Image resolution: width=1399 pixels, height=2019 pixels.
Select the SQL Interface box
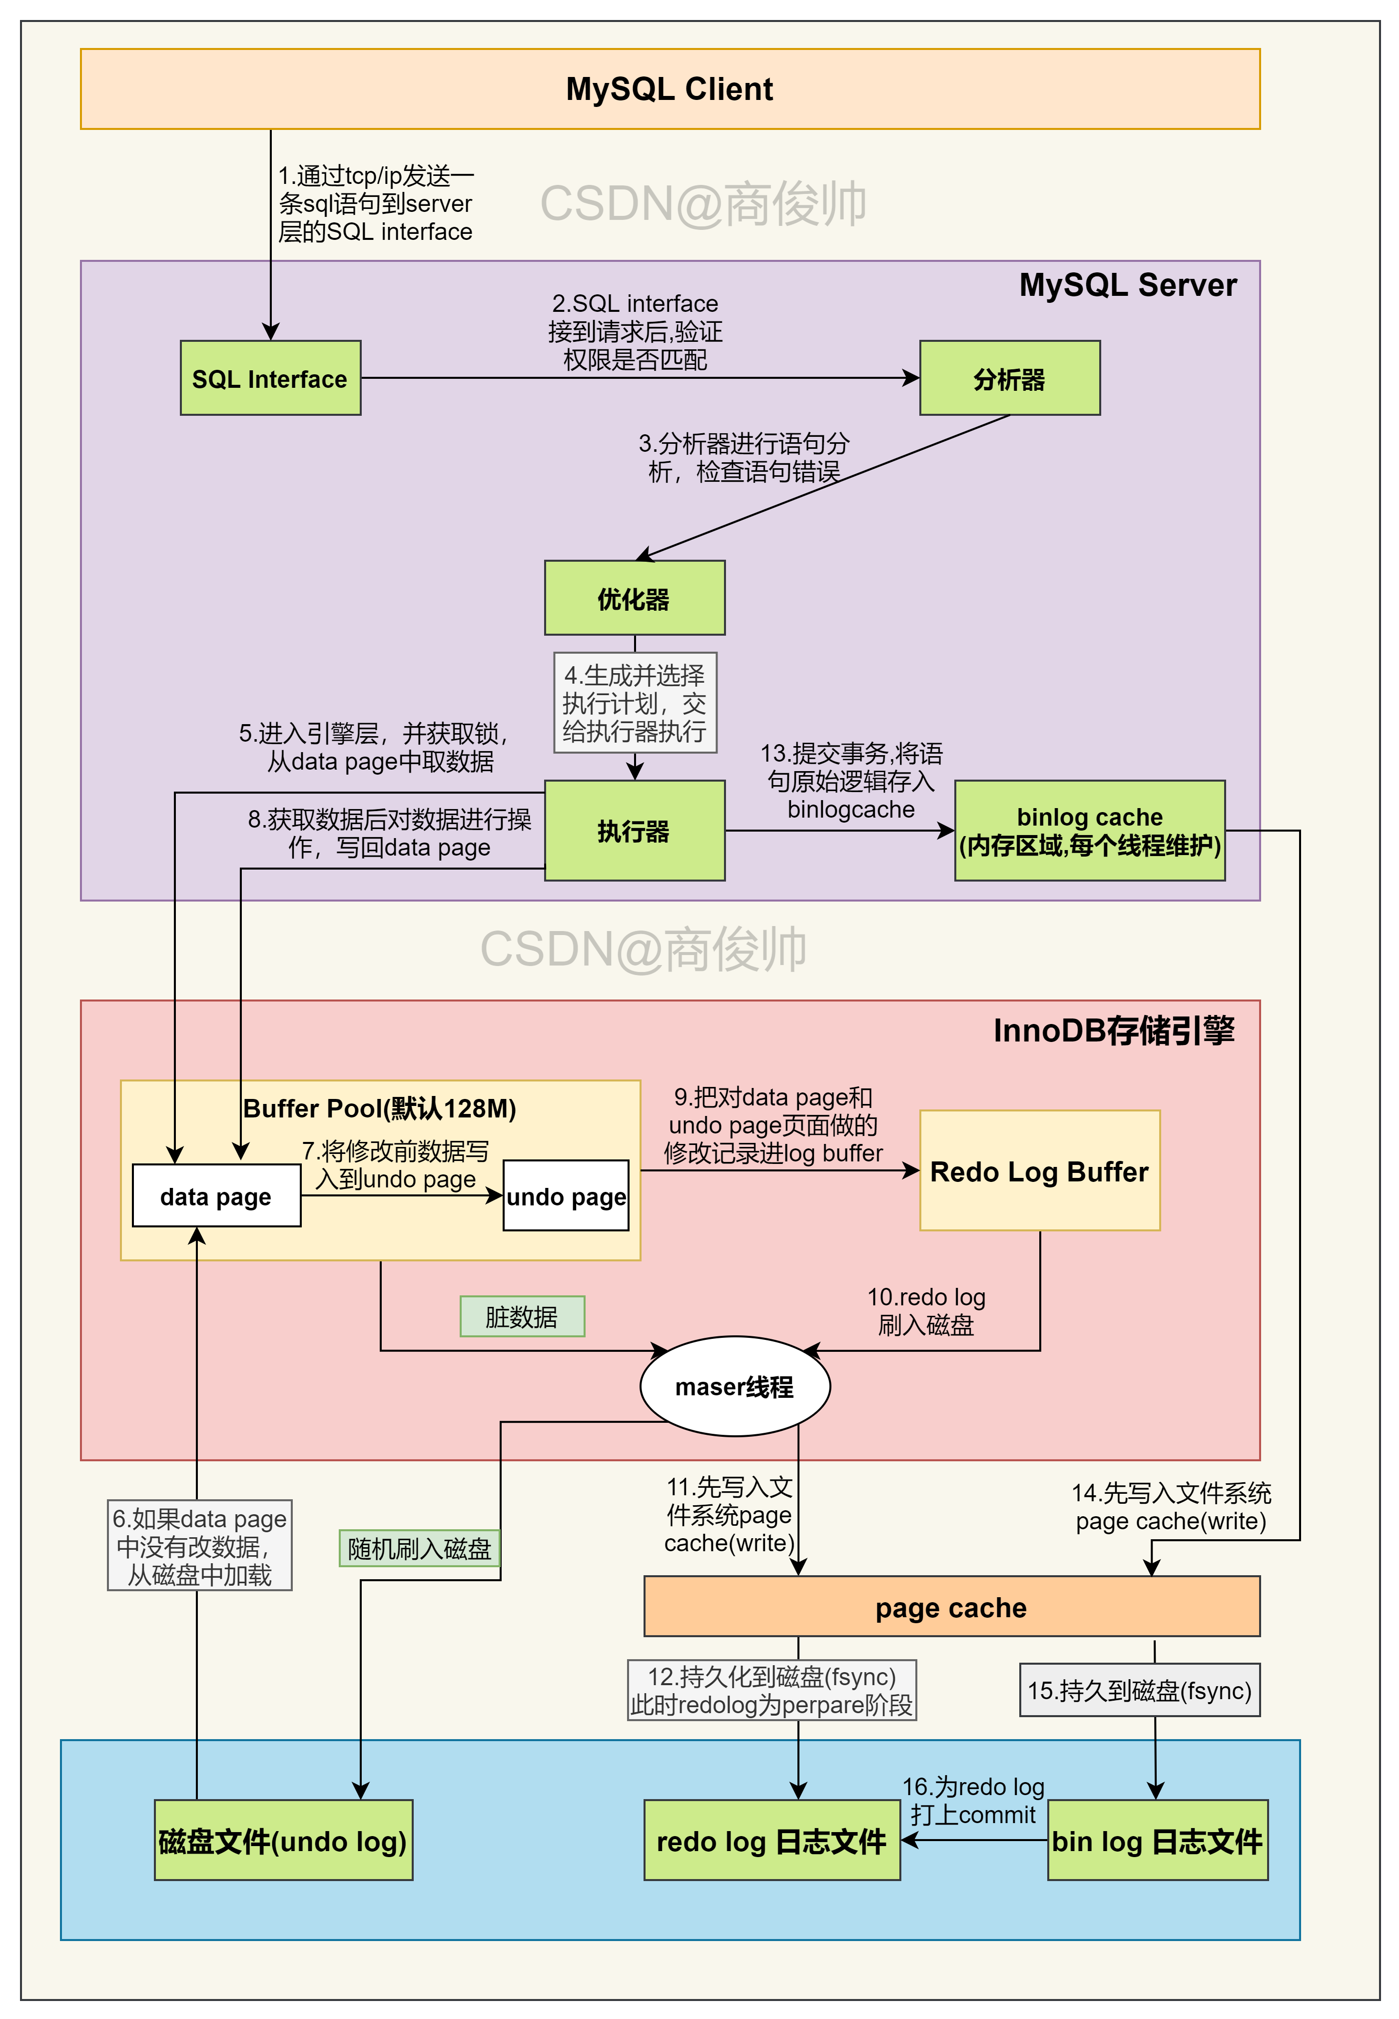[270, 378]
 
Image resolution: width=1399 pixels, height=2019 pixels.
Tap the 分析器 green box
[1009, 378]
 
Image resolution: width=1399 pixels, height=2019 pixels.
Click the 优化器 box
[634, 598]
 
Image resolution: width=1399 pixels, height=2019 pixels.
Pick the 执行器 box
[634, 830]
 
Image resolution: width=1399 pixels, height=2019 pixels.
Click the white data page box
[216, 1196]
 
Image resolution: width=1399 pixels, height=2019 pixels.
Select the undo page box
[566, 1196]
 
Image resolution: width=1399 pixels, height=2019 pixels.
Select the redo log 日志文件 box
[771, 1840]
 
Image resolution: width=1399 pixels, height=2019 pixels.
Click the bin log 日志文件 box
[1157, 1840]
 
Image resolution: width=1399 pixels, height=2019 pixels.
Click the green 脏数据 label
[522, 1316]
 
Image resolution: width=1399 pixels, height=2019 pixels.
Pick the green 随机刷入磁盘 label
[419, 1548]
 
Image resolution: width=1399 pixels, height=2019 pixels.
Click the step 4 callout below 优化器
[635, 702]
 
